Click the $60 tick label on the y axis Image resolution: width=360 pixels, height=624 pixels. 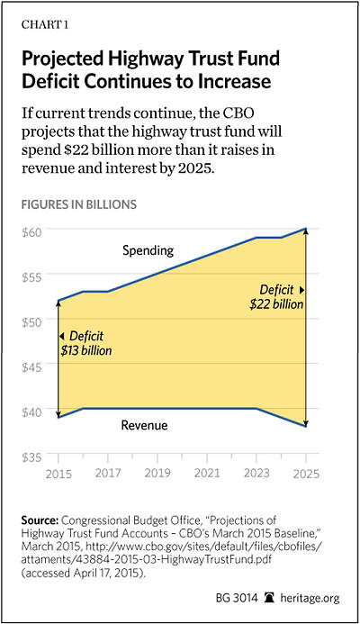tap(31, 232)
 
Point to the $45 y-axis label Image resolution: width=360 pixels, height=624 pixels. tap(31, 366)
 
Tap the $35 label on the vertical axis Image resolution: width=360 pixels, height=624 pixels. tap(31, 457)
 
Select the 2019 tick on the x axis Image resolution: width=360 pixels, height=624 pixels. tap(157, 473)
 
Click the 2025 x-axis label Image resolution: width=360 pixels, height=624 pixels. tap(306, 474)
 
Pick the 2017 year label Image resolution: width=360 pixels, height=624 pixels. tap(108, 473)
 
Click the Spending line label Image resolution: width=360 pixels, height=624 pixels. tap(148, 250)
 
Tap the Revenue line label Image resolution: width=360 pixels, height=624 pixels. tap(144, 425)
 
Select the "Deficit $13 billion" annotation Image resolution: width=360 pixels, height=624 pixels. tap(85, 343)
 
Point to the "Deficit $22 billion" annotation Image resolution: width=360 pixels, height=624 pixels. tap(277, 297)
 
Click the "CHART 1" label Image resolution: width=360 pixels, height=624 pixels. tap(45, 24)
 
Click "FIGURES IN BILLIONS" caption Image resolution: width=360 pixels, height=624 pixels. tap(79, 204)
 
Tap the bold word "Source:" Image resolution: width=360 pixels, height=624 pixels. tap(40, 520)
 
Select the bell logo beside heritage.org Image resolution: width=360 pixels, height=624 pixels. tap(270, 598)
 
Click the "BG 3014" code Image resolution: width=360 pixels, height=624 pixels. tap(237, 598)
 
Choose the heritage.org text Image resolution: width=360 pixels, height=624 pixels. tap(310, 598)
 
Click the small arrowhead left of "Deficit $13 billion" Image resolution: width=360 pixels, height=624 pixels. tap(62, 337)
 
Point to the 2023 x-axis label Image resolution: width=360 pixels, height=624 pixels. tap(256, 473)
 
